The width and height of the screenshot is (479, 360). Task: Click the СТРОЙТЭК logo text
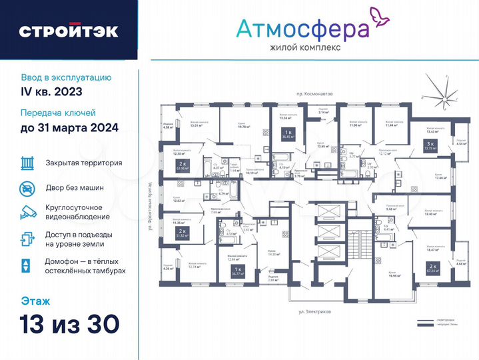(69, 31)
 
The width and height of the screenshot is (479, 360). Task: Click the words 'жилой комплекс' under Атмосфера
(305, 48)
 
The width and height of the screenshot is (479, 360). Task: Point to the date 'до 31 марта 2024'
(69, 127)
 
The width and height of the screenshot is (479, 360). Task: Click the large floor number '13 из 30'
(70, 323)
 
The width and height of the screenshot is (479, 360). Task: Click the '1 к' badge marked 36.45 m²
(288, 135)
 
